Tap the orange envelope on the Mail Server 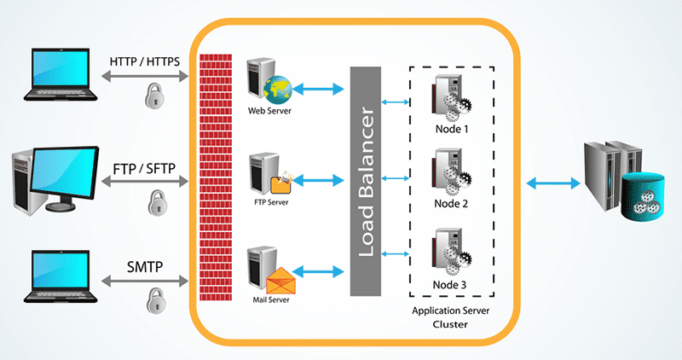(x=280, y=281)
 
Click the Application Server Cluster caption (x=451, y=318)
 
